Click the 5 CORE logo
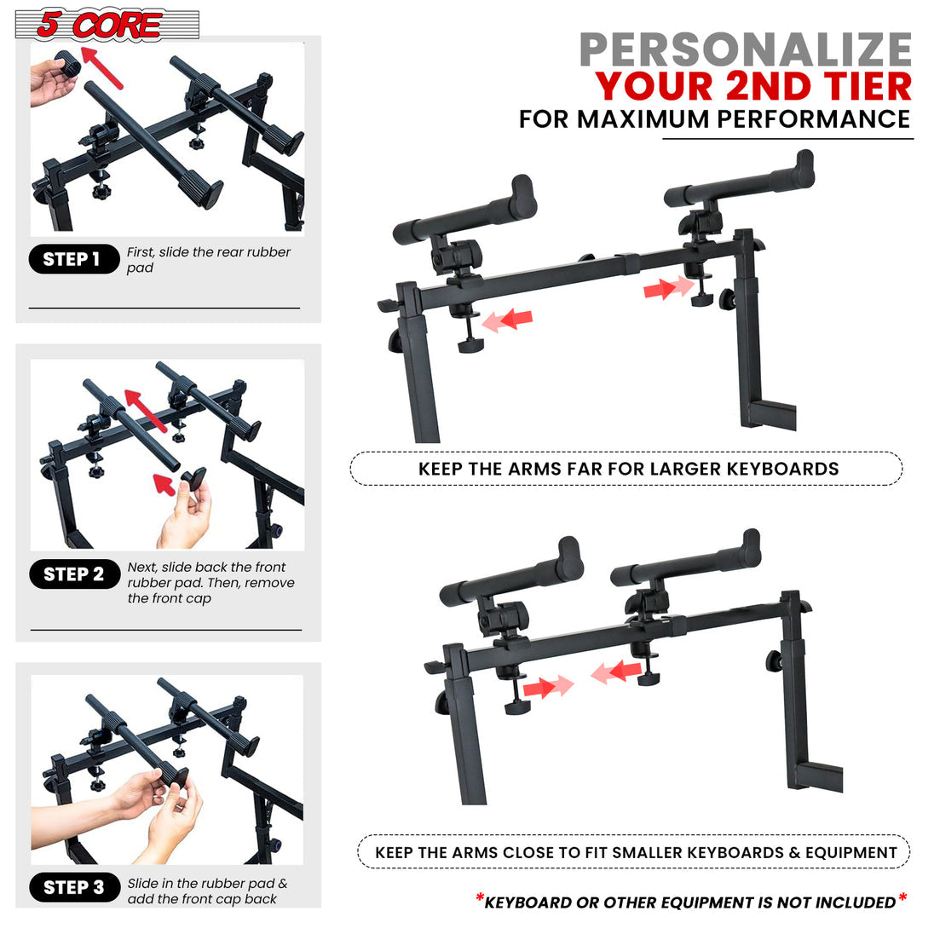[x=107, y=25]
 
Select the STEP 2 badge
[x=73, y=574]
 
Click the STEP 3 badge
[x=73, y=887]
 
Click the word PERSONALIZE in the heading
[x=745, y=49]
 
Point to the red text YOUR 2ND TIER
[x=753, y=87]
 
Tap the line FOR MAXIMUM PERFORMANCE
[x=714, y=119]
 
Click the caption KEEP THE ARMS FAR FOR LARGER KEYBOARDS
[x=627, y=469]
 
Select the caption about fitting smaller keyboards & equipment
[x=635, y=852]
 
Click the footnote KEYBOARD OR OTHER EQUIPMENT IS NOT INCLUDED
[x=690, y=902]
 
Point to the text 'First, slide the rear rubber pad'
[x=208, y=260]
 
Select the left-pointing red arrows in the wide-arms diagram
[x=508, y=320]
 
